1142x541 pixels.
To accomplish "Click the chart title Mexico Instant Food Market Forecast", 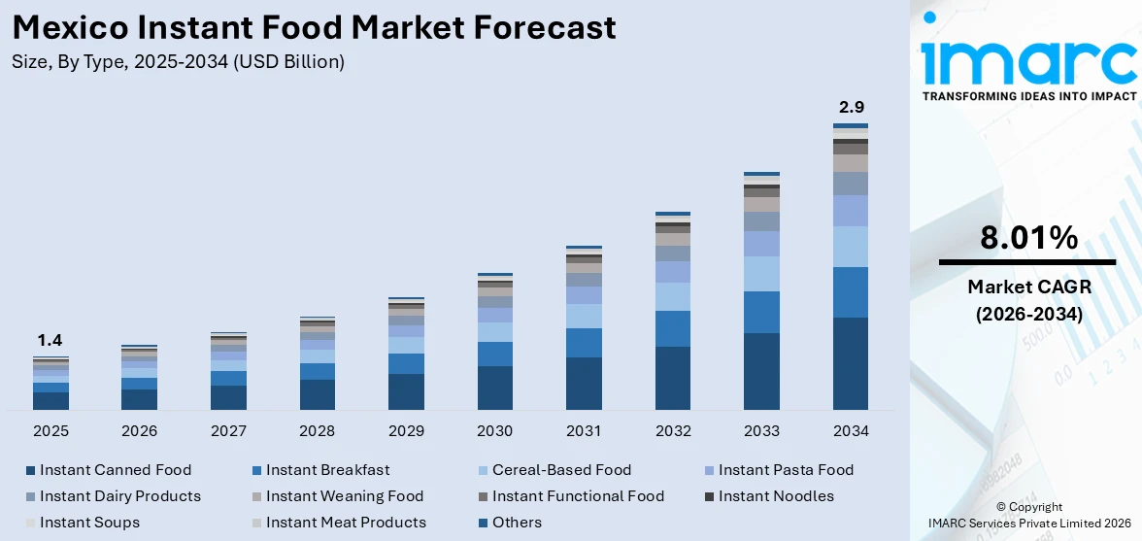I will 314,27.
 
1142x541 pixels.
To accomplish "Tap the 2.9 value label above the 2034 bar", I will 851,107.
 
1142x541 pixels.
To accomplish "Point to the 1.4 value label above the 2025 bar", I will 50,340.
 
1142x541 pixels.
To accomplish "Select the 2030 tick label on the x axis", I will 495,430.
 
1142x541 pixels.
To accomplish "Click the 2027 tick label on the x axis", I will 228,430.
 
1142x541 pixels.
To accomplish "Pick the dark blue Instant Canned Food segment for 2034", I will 851,363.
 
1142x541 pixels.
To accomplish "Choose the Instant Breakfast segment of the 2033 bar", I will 761,312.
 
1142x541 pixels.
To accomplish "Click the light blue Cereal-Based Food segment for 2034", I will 851,247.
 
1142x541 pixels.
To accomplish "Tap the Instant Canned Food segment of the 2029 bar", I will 406,391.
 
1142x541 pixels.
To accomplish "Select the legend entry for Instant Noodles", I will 775,496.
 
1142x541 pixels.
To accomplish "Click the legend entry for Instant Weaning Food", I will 345,496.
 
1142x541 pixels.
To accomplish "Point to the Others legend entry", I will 517,523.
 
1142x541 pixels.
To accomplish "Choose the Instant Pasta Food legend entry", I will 786,470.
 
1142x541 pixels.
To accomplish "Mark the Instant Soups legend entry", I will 89,523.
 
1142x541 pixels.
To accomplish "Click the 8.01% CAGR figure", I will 1028,238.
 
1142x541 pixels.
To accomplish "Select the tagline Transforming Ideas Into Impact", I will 1028,96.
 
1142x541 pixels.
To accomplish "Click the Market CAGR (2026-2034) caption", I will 1028,300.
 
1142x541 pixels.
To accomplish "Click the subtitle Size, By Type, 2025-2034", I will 178,62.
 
